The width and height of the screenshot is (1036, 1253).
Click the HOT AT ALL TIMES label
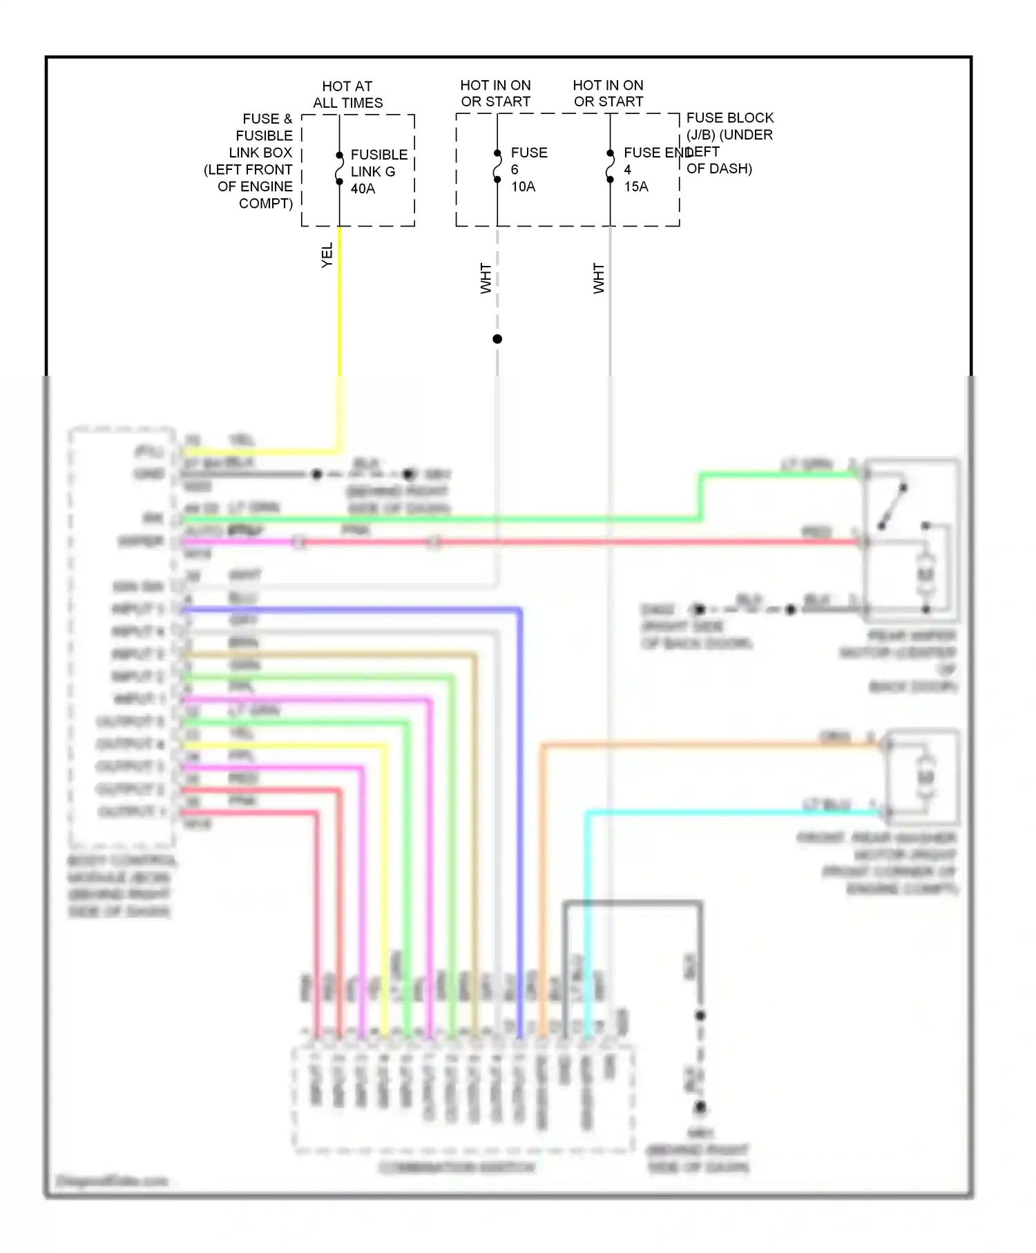tap(347, 95)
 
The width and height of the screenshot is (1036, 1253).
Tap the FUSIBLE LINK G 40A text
tap(378, 171)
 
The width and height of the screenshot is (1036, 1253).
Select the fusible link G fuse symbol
tap(339, 169)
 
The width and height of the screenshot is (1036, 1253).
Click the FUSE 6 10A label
tap(528, 169)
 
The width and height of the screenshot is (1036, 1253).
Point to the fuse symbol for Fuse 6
tap(497, 166)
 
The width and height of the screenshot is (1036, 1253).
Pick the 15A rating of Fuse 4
tap(636, 186)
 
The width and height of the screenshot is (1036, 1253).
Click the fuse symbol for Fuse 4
tap(610, 166)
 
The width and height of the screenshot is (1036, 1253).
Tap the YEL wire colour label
tap(327, 255)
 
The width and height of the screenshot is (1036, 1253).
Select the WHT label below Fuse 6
tap(486, 278)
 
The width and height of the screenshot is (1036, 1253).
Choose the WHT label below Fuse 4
tap(598, 278)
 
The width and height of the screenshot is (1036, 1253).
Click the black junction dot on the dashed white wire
tap(497, 339)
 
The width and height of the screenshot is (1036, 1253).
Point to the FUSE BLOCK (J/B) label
tap(729, 126)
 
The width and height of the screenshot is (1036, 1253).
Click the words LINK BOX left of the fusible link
tap(260, 153)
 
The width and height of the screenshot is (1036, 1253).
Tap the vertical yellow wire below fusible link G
tap(340, 311)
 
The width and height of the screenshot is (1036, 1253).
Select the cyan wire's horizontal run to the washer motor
tap(725, 813)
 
